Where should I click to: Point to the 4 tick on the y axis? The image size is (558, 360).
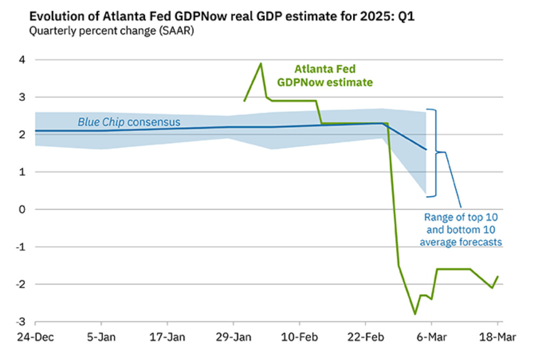point(22,60)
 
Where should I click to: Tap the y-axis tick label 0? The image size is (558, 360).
point(22,209)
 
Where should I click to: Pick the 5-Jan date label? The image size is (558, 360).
point(101,337)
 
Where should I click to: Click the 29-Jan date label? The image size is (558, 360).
point(233,337)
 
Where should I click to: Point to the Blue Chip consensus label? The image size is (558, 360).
point(129,122)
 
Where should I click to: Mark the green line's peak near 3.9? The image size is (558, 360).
point(260,64)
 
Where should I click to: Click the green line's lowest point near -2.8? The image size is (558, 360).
point(415,314)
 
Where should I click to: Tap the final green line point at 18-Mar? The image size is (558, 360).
point(497,276)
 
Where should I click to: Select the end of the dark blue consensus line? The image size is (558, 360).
point(426,150)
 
